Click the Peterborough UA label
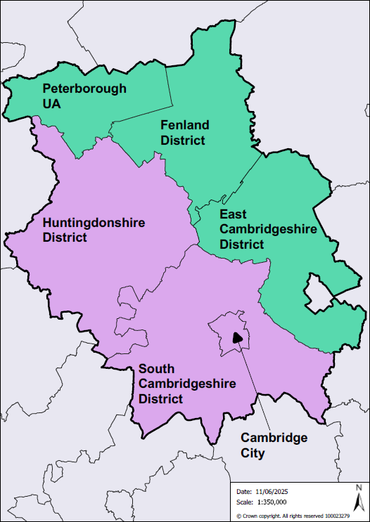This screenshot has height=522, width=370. (x=84, y=96)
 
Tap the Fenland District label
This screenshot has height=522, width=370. (x=185, y=132)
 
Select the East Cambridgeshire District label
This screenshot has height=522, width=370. (x=258, y=229)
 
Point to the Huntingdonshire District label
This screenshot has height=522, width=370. (x=94, y=230)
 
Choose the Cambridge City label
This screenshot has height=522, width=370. (x=274, y=445)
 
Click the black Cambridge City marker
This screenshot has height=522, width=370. (x=237, y=337)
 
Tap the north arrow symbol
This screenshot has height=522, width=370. (x=358, y=501)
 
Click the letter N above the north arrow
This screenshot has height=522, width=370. (x=358, y=488)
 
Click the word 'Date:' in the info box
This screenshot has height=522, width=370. (x=244, y=492)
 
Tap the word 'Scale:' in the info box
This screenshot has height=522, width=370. (x=245, y=502)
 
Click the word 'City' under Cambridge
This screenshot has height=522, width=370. (x=253, y=453)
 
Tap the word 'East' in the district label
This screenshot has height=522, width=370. (x=234, y=214)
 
